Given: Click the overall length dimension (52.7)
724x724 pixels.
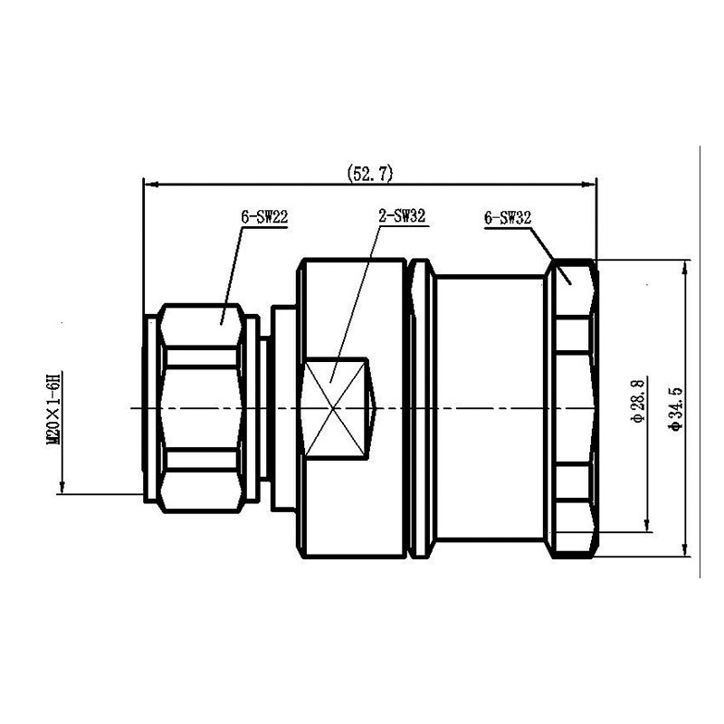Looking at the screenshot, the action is [370, 174].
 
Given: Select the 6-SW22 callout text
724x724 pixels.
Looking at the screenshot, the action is [264, 216].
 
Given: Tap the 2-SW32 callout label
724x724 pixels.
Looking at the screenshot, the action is [402, 215].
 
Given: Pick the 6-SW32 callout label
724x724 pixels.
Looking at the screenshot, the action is [508, 218].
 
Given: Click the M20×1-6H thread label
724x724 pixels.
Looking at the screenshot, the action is [54, 408].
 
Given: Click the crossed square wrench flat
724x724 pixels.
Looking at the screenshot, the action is [335, 408].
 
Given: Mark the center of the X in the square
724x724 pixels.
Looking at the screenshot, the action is [333, 408].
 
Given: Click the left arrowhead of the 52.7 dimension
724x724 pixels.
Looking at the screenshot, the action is [151, 185].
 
